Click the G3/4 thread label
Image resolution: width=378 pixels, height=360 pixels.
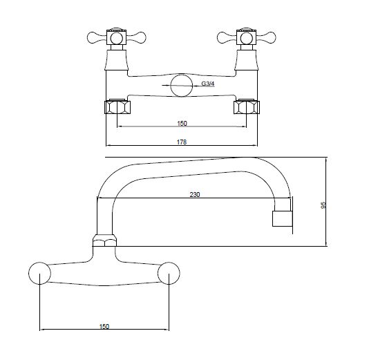(x=208, y=84)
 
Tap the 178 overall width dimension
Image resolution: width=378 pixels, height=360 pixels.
(x=182, y=142)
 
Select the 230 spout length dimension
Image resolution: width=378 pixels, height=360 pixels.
(x=195, y=194)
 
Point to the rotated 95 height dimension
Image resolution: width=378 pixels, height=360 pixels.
(x=323, y=205)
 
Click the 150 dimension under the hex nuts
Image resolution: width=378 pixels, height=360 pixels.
(x=182, y=124)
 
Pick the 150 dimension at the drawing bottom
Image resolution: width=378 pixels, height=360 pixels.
(x=104, y=326)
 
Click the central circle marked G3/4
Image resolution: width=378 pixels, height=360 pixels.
(x=182, y=86)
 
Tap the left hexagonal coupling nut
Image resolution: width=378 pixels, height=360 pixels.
(x=117, y=107)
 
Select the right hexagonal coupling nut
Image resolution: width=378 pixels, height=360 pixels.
(x=247, y=107)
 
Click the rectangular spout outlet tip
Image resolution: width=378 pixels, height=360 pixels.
(x=283, y=219)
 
